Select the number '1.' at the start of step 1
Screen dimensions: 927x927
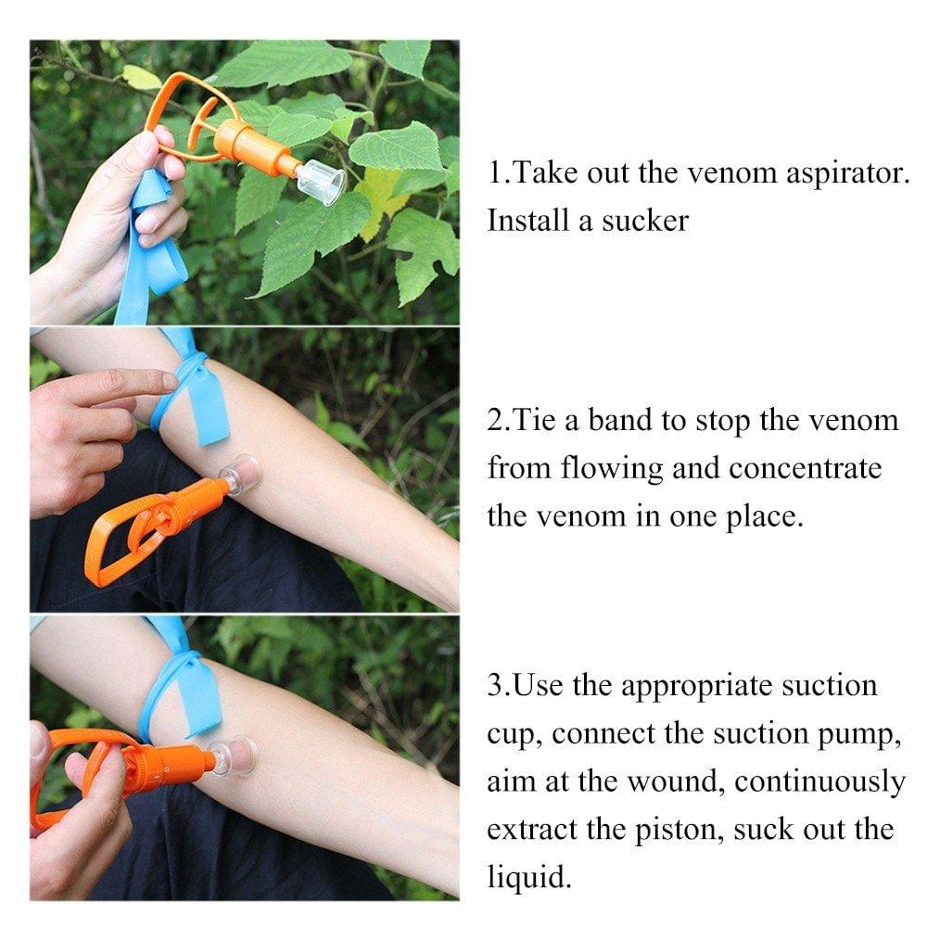tap(499, 173)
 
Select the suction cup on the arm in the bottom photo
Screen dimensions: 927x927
tap(234, 756)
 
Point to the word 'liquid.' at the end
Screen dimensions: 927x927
tap(529, 876)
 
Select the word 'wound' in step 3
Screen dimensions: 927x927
tap(678, 781)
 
